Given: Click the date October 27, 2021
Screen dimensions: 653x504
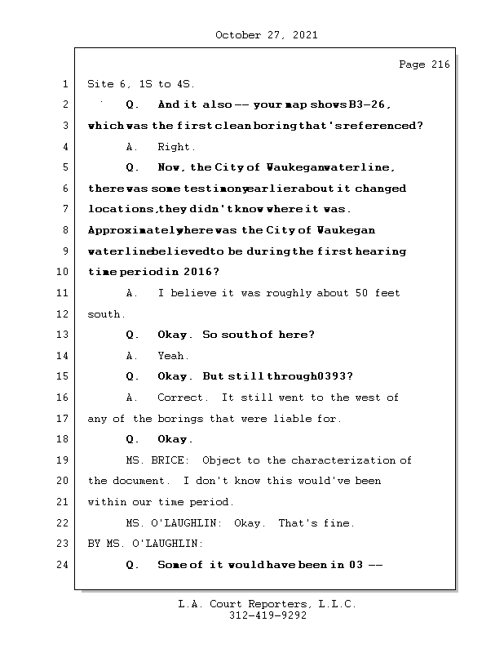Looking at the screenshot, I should tap(267, 35).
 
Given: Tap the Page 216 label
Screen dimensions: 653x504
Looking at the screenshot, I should tap(423, 65).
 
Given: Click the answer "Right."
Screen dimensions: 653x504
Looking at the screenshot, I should tap(177, 147).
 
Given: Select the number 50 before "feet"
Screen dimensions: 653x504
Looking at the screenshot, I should tap(362, 293).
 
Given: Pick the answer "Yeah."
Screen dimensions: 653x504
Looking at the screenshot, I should tap(174, 356).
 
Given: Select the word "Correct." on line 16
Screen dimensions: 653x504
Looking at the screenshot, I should tap(183, 398).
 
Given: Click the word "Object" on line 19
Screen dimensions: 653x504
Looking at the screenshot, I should tap(221, 460).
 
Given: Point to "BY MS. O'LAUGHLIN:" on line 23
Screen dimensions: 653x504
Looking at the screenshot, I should tap(145, 544).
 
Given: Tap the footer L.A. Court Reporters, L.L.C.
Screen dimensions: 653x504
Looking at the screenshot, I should tap(267, 605).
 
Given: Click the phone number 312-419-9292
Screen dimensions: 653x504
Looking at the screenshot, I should tap(267, 616).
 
